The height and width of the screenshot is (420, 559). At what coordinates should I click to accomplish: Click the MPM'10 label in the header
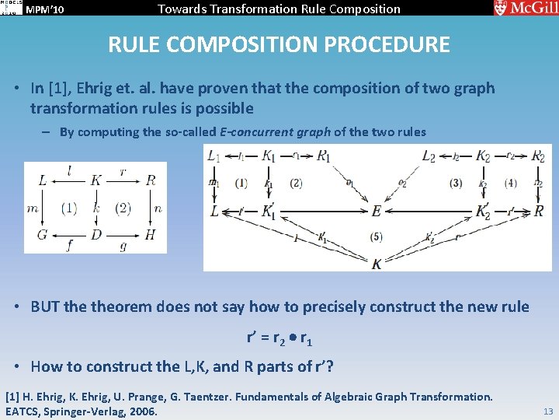(x=46, y=9)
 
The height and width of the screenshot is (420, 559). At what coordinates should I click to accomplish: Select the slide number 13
(x=548, y=410)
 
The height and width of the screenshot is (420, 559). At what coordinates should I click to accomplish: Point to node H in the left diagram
(x=150, y=234)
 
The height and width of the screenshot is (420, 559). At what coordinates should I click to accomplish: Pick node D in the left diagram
(x=95, y=234)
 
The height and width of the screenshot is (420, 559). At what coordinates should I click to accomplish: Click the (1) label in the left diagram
(x=69, y=208)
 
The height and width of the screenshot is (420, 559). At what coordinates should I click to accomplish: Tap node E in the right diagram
(x=377, y=211)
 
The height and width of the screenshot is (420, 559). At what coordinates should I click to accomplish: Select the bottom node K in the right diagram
(x=377, y=264)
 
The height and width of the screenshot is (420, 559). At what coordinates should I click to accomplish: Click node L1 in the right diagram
(x=214, y=156)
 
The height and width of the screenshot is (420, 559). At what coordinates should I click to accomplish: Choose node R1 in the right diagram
(x=324, y=156)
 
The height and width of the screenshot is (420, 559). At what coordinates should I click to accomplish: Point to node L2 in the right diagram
(x=429, y=156)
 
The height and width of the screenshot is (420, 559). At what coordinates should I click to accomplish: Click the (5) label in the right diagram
(x=377, y=236)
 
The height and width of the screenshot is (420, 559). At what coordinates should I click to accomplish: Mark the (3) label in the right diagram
(x=456, y=184)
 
